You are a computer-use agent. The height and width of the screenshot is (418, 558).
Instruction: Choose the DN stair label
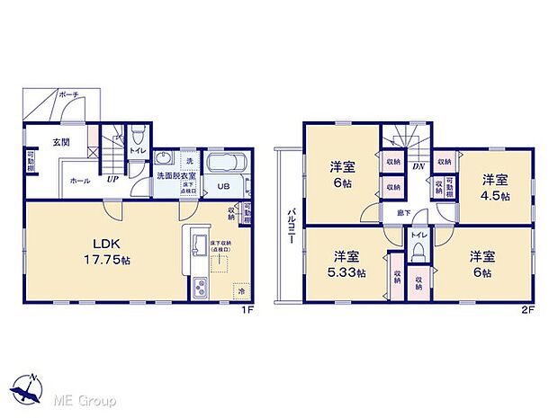click(x=418, y=166)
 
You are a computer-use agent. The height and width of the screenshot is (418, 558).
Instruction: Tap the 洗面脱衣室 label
click(x=176, y=176)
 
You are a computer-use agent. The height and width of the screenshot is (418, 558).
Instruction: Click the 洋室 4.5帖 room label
click(x=494, y=186)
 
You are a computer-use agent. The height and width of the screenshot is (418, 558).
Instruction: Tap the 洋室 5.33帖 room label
click(x=346, y=264)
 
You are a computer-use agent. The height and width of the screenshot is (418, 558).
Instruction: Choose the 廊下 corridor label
click(x=404, y=212)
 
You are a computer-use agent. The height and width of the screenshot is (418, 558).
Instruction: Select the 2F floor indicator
click(x=527, y=309)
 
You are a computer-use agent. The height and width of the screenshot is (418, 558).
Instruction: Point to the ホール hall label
click(x=79, y=180)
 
